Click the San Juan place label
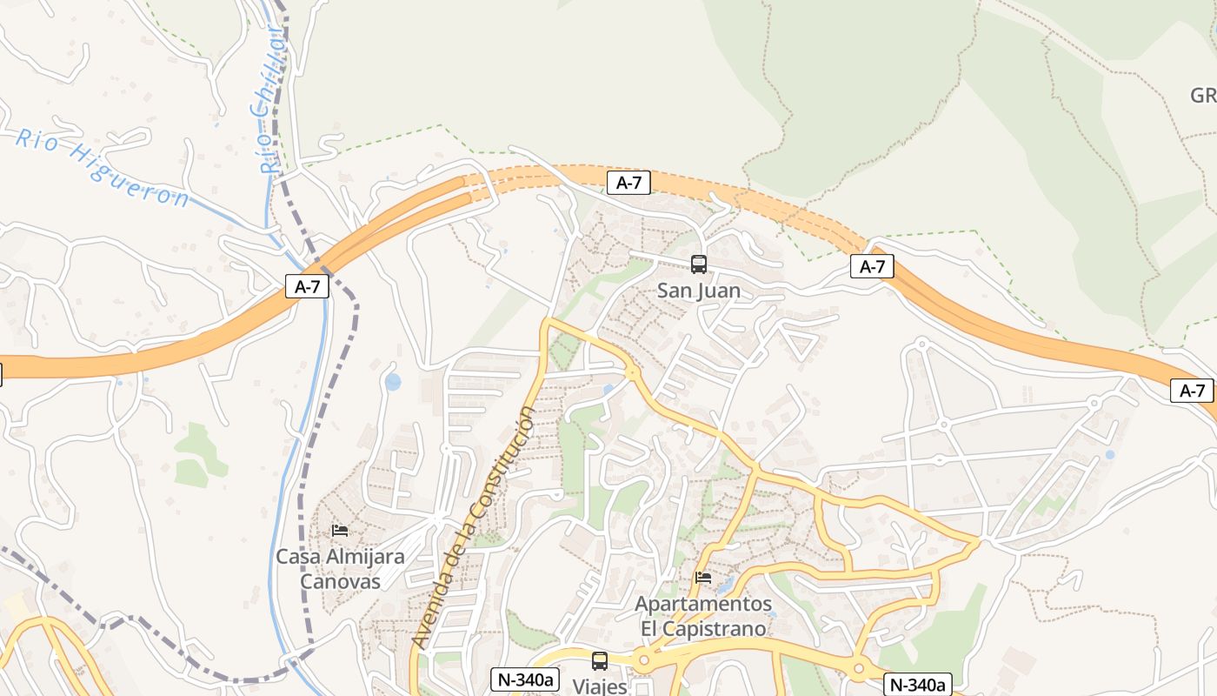coord(699,291)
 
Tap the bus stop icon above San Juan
coord(699,264)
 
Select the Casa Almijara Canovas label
coord(340,568)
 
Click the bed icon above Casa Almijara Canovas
coord(340,530)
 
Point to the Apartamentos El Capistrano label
coord(703,616)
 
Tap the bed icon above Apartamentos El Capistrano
coord(703,577)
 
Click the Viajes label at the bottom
coord(600,686)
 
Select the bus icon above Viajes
coord(600,660)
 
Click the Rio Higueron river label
coord(103,167)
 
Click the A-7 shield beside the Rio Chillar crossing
coord(308,287)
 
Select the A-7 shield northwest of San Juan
coord(628,183)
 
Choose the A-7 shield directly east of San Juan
coord(872,266)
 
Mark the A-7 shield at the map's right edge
coord(1192,391)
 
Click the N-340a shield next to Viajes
coord(524,679)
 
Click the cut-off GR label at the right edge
coord(1203,96)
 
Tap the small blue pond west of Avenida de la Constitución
coord(393,381)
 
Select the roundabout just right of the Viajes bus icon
coord(644,660)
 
